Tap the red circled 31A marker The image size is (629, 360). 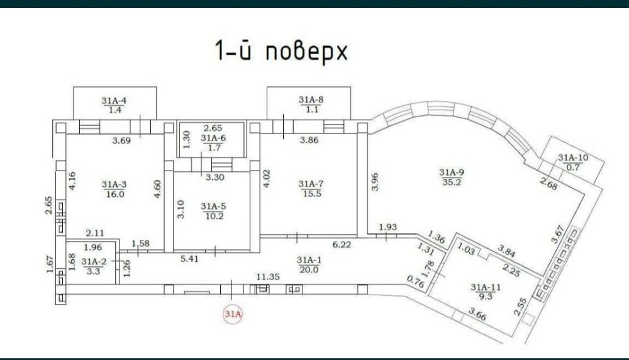pyautogui.click(x=232, y=313)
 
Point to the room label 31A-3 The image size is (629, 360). pyautogui.click(x=114, y=184)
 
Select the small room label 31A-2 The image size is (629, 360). pyautogui.click(x=94, y=262)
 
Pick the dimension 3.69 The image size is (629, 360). pyautogui.click(x=121, y=140)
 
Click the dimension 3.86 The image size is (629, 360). pyautogui.click(x=310, y=140)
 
